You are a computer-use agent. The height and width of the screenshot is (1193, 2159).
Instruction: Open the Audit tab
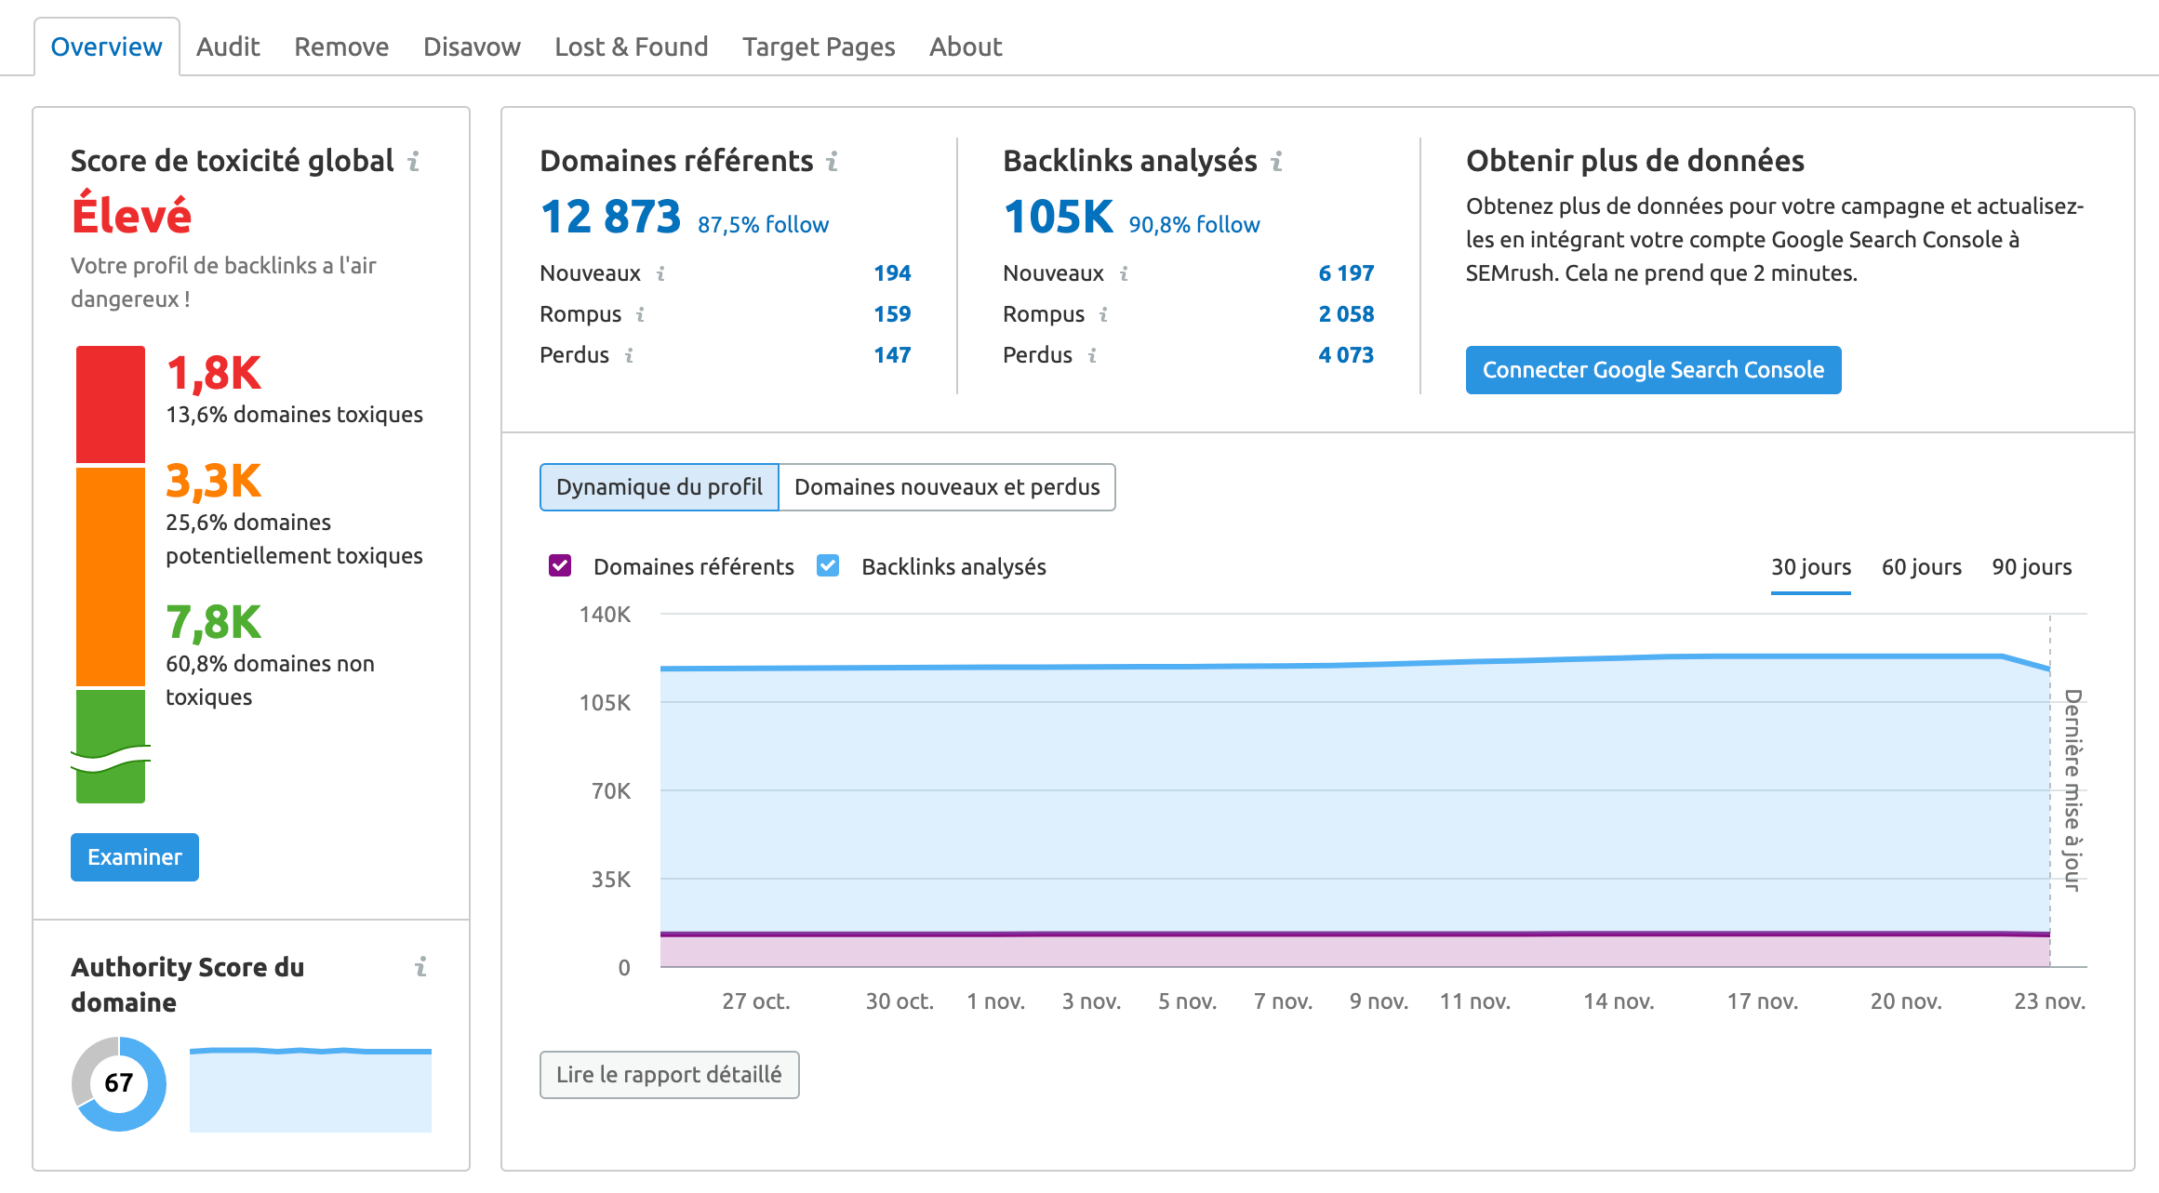228,46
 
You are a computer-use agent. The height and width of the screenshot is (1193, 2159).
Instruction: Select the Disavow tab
472,46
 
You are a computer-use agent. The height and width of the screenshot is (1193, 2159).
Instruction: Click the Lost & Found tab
631,46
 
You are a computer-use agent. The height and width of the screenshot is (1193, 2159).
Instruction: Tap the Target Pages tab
819,46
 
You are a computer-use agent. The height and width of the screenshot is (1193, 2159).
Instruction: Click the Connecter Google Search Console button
1653,370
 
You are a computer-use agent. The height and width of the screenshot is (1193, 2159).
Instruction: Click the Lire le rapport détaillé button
669,1075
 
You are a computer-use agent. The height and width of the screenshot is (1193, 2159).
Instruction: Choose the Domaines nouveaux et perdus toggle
947,487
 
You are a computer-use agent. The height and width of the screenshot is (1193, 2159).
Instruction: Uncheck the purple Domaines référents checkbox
560,566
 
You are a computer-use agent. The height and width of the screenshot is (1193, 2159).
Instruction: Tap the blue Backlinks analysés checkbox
828,566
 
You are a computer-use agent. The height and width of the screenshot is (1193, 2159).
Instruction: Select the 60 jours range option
1921,567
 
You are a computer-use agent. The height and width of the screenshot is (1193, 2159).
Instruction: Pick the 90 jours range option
2032,567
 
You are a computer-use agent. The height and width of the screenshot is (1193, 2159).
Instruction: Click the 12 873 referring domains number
611,218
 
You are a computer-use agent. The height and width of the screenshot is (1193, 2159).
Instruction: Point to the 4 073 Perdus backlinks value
1345,355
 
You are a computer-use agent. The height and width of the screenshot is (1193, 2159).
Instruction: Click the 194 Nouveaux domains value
891,273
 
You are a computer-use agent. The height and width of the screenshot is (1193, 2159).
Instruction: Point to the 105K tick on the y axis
605,703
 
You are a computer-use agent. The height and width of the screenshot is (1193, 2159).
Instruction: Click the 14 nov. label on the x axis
1619,1001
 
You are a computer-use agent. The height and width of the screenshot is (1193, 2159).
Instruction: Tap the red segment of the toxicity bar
111,404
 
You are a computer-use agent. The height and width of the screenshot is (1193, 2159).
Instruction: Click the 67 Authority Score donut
119,1083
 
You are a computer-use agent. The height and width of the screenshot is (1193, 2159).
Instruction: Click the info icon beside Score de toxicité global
414,162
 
